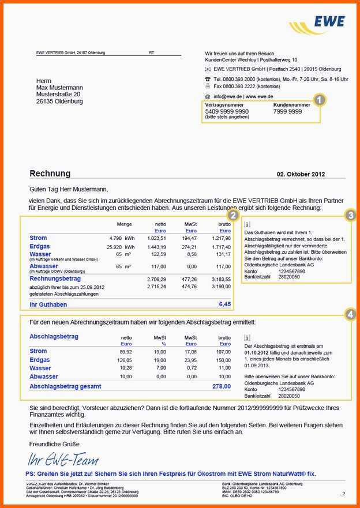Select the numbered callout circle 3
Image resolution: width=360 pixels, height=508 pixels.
point(350,216)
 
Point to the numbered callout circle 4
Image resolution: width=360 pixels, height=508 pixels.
point(350,314)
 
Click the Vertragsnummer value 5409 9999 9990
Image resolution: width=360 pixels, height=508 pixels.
point(227,111)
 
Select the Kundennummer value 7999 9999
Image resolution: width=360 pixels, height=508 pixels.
point(287,111)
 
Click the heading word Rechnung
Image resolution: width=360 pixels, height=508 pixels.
point(50,174)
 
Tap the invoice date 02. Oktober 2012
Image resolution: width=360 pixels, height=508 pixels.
point(301,174)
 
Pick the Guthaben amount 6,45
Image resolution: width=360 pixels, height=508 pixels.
point(224,304)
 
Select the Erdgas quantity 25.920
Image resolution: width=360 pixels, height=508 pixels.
point(118,247)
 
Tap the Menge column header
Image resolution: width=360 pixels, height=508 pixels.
point(124,224)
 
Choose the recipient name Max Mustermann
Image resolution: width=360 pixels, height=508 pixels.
point(59,88)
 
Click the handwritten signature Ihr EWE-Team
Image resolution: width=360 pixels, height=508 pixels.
point(63,460)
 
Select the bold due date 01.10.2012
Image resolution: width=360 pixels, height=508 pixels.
point(257,352)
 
